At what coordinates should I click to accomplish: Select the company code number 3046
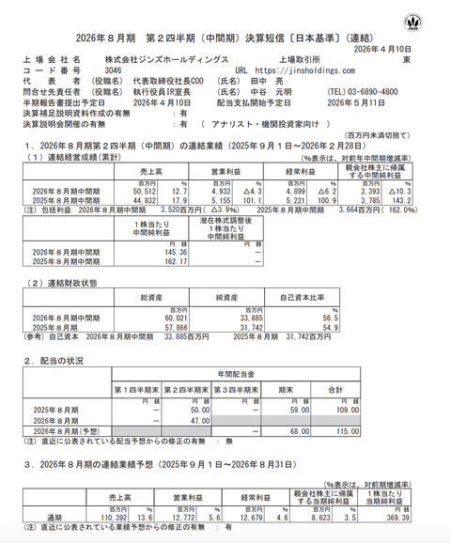[x=113, y=70]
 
